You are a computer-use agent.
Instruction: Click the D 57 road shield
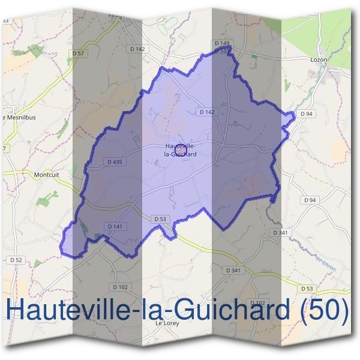click(79, 54)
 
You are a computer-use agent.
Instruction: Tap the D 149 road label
click(222, 44)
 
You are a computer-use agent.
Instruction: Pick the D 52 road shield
click(16, 260)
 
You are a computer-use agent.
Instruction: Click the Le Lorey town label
click(167, 323)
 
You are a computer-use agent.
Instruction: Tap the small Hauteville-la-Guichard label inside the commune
click(181, 150)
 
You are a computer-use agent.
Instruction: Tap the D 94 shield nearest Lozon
click(307, 113)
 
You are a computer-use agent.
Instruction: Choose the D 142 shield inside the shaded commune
click(206, 112)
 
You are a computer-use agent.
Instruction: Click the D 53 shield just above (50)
click(307, 289)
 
